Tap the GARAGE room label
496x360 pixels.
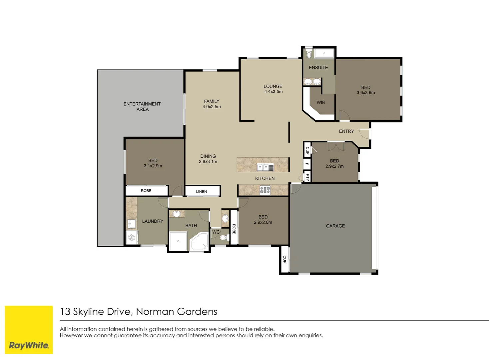click(335, 226)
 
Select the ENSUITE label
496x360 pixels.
click(318, 68)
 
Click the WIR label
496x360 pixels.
click(321, 103)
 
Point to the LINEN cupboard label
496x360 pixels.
click(202, 192)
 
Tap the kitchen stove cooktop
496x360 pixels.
click(265, 190)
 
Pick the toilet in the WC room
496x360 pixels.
click(224, 237)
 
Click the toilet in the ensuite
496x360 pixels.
click(309, 54)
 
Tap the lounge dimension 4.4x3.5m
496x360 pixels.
click(273, 92)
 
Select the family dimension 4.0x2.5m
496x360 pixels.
click(212, 107)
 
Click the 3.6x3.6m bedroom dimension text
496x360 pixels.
click(365, 93)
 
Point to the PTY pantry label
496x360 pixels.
click(307, 177)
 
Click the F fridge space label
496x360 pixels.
click(307, 164)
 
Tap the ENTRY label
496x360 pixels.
click(346, 131)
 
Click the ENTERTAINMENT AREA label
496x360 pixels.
click(142, 107)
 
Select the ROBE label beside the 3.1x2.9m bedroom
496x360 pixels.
click(146, 191)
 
